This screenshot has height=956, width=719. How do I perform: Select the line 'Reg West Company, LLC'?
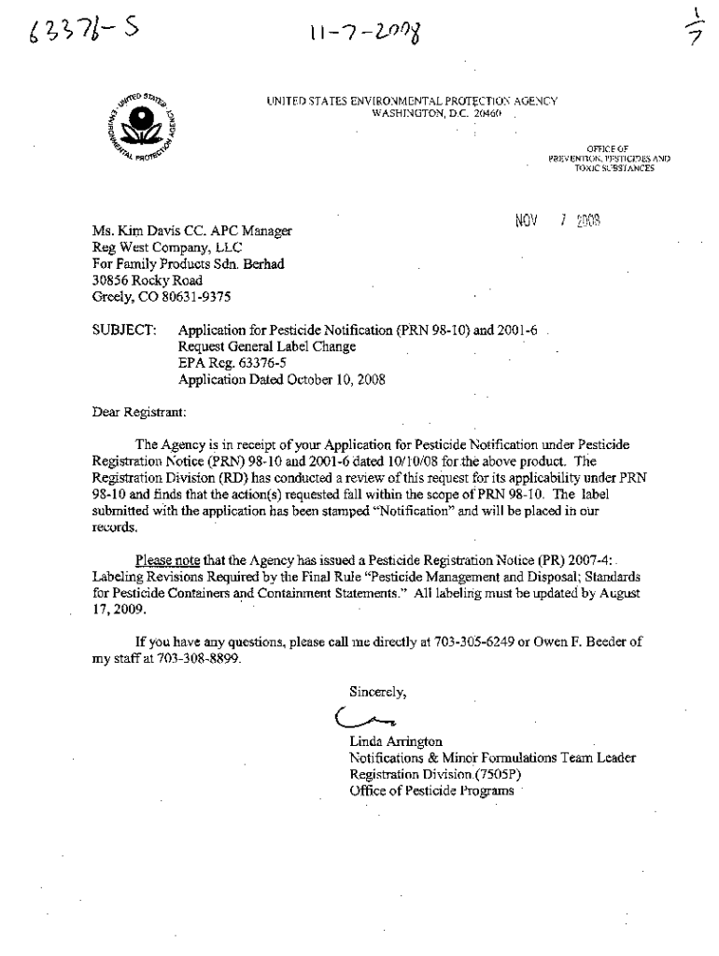pos(167,247)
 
